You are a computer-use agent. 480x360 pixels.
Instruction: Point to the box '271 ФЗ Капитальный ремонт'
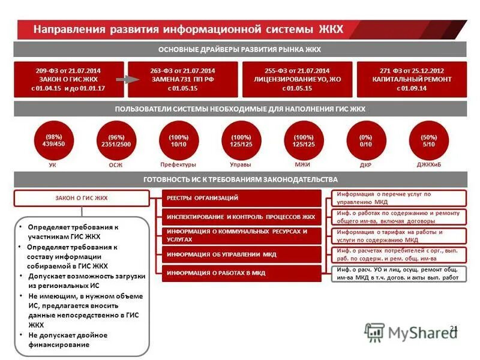[x=411, y=79]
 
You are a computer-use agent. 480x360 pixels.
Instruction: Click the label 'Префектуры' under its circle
[x=178, y=164]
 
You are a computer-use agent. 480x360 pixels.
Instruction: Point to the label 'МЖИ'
[x=302, y=164]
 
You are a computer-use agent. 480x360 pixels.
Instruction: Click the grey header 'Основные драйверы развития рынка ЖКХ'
[x=240, y=49]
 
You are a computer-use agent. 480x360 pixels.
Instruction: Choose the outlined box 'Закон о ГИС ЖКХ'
[x=81, y=198]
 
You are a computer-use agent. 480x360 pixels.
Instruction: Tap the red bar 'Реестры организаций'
[x=242, y=198]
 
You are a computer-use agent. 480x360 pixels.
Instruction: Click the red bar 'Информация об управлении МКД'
[x=242, y=254]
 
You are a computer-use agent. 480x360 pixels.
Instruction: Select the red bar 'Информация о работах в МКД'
[x=242, y=273]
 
